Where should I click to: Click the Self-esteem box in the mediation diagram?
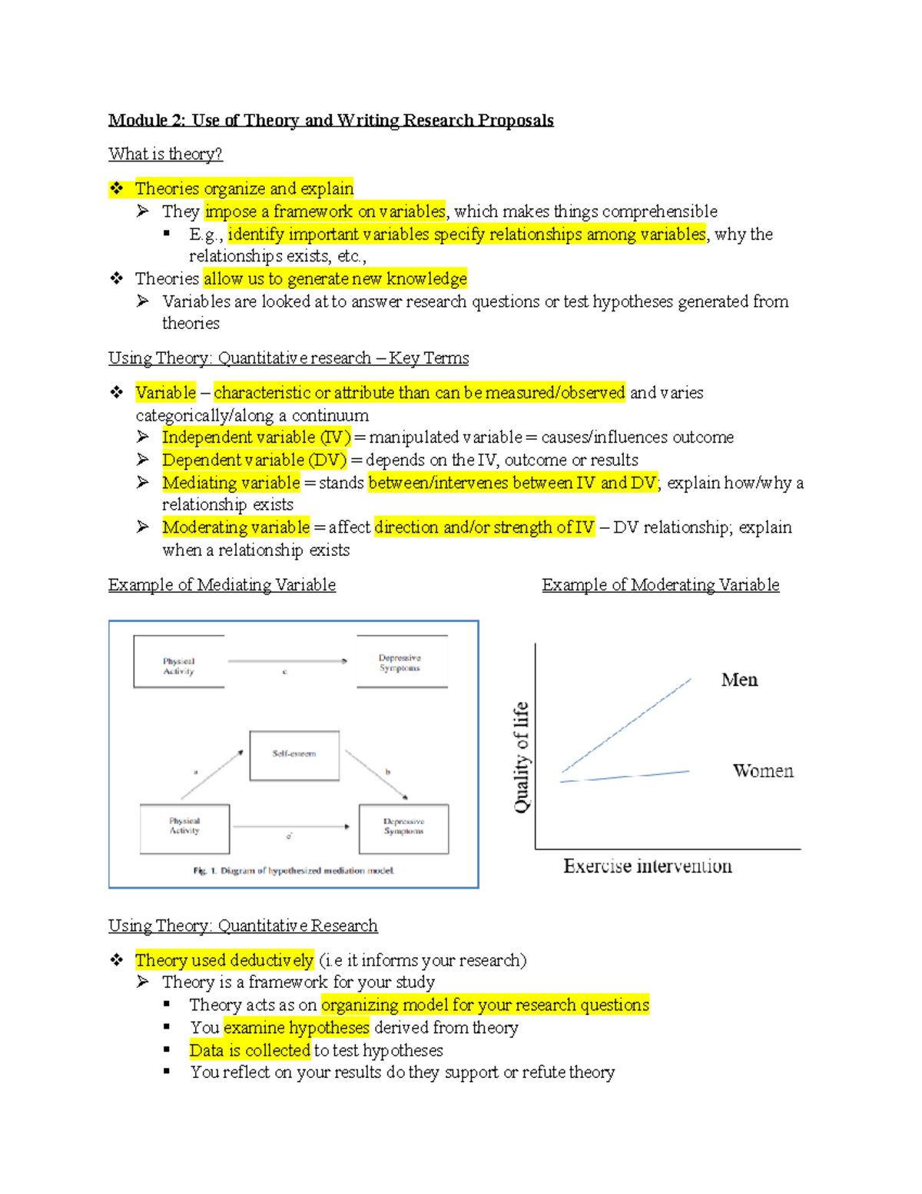tap(294, 755)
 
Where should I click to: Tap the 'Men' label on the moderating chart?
tap(739, 680)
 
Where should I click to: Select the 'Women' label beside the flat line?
tap(762, 770)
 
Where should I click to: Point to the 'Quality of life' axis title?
tap(522, 757)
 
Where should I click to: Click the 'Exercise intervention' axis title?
tap(647, 866)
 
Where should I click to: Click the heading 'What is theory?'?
tap(165, 154)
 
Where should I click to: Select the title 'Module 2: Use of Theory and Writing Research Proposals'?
tap(330, 120)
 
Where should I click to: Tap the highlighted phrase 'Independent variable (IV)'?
tap(256, 437)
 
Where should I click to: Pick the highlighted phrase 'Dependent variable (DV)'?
tap(254, 460)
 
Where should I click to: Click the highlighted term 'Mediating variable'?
tap(230, 483)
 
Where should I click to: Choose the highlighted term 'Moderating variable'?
tap(235, 527)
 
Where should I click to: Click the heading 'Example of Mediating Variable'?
tap(221, 585)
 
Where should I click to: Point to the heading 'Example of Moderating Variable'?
tap(660, 585)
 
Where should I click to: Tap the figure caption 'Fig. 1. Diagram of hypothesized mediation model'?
tap(294, 871)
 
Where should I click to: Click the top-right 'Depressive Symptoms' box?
tap(401, 662)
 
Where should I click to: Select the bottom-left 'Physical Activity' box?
tap(184, 827)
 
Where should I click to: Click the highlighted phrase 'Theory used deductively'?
tap(224, 960)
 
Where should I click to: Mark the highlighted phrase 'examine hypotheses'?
tap(297, 1028)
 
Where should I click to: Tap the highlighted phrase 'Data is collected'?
tap(250, 1050)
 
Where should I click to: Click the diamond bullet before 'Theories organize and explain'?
tap(116, 188)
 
